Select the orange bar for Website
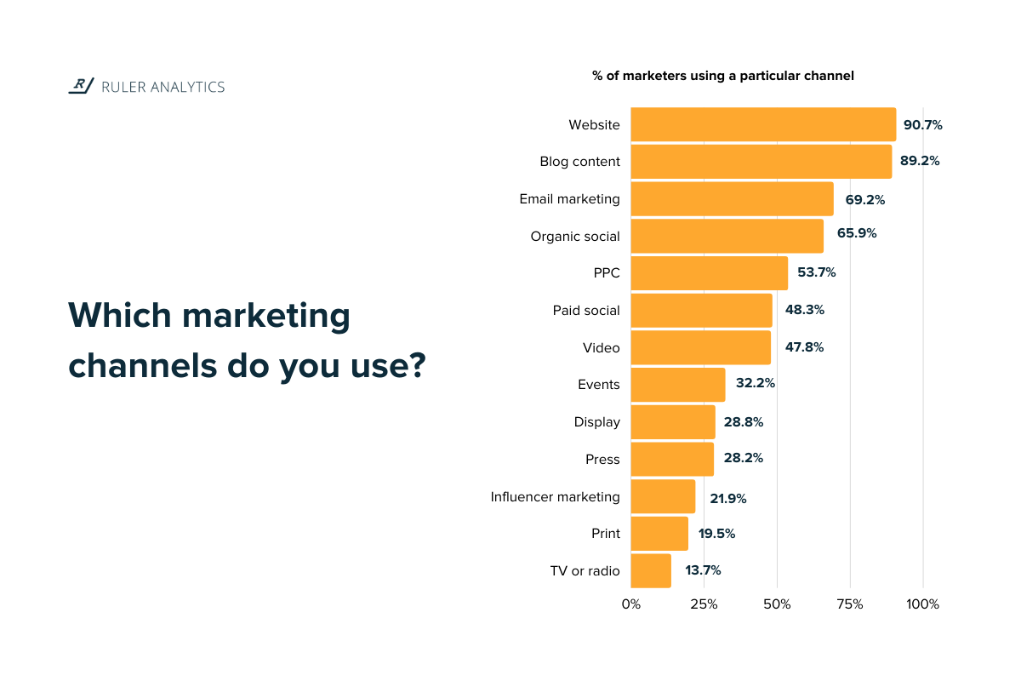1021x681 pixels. [x=763, y=124]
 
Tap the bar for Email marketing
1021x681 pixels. [x=732, y=199]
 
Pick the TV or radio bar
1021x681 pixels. [x=651, y=570]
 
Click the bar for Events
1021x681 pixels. [x=678, y=385]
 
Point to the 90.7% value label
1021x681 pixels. [x=922, y=125]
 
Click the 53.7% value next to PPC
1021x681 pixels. [x=816, y=273]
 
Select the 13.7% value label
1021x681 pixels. [x=703, y=570]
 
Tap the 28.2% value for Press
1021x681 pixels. [x=743, y=458]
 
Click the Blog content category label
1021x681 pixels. [x=579, y=162]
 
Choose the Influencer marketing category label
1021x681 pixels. [x=555, y=496]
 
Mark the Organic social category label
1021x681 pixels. [x=575, y=236]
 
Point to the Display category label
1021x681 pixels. [x=596, y=421]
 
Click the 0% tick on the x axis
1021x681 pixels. [x=631, y=604]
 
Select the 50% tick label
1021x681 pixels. [x=777, y=604]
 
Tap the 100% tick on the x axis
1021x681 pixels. [x=922, y=604]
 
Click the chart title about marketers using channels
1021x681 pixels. [x=722, y=76]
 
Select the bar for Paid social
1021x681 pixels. [x=701, y=311]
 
